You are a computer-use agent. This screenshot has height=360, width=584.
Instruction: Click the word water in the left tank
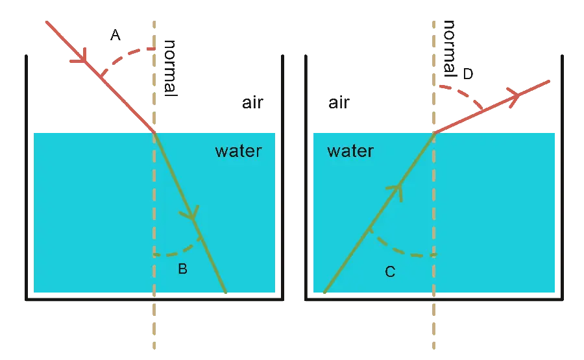(x=238, y=152)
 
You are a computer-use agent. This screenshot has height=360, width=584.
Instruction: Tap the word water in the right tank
(x=350, y=152)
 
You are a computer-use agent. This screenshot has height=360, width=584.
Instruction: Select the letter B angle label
(x=183, y=269)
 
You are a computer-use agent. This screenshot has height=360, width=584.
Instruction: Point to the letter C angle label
(x=389, y=272)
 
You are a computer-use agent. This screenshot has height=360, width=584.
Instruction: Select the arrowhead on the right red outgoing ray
(x=514, y=96)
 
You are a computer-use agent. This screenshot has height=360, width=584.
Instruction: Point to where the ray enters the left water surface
(x=154, y=132)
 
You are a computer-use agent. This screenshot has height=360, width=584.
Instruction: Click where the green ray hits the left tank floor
(x=226, y=293)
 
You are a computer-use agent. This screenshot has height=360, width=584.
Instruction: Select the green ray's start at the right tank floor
(x=323, y=293)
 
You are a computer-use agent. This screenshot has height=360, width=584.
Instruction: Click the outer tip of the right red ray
(x=548, y=82)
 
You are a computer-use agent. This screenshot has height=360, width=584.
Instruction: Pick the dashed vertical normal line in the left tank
(x=154, y=195)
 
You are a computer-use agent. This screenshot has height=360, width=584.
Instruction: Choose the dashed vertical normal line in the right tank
(x=434, y=195)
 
